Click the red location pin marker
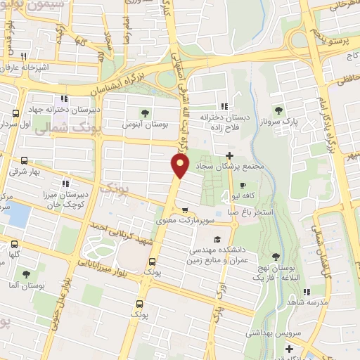[180, 166]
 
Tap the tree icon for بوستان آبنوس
[145, 112]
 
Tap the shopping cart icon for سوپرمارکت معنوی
[185, 210]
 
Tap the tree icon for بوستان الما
[26, 274]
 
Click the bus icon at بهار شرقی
[26, 160]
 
